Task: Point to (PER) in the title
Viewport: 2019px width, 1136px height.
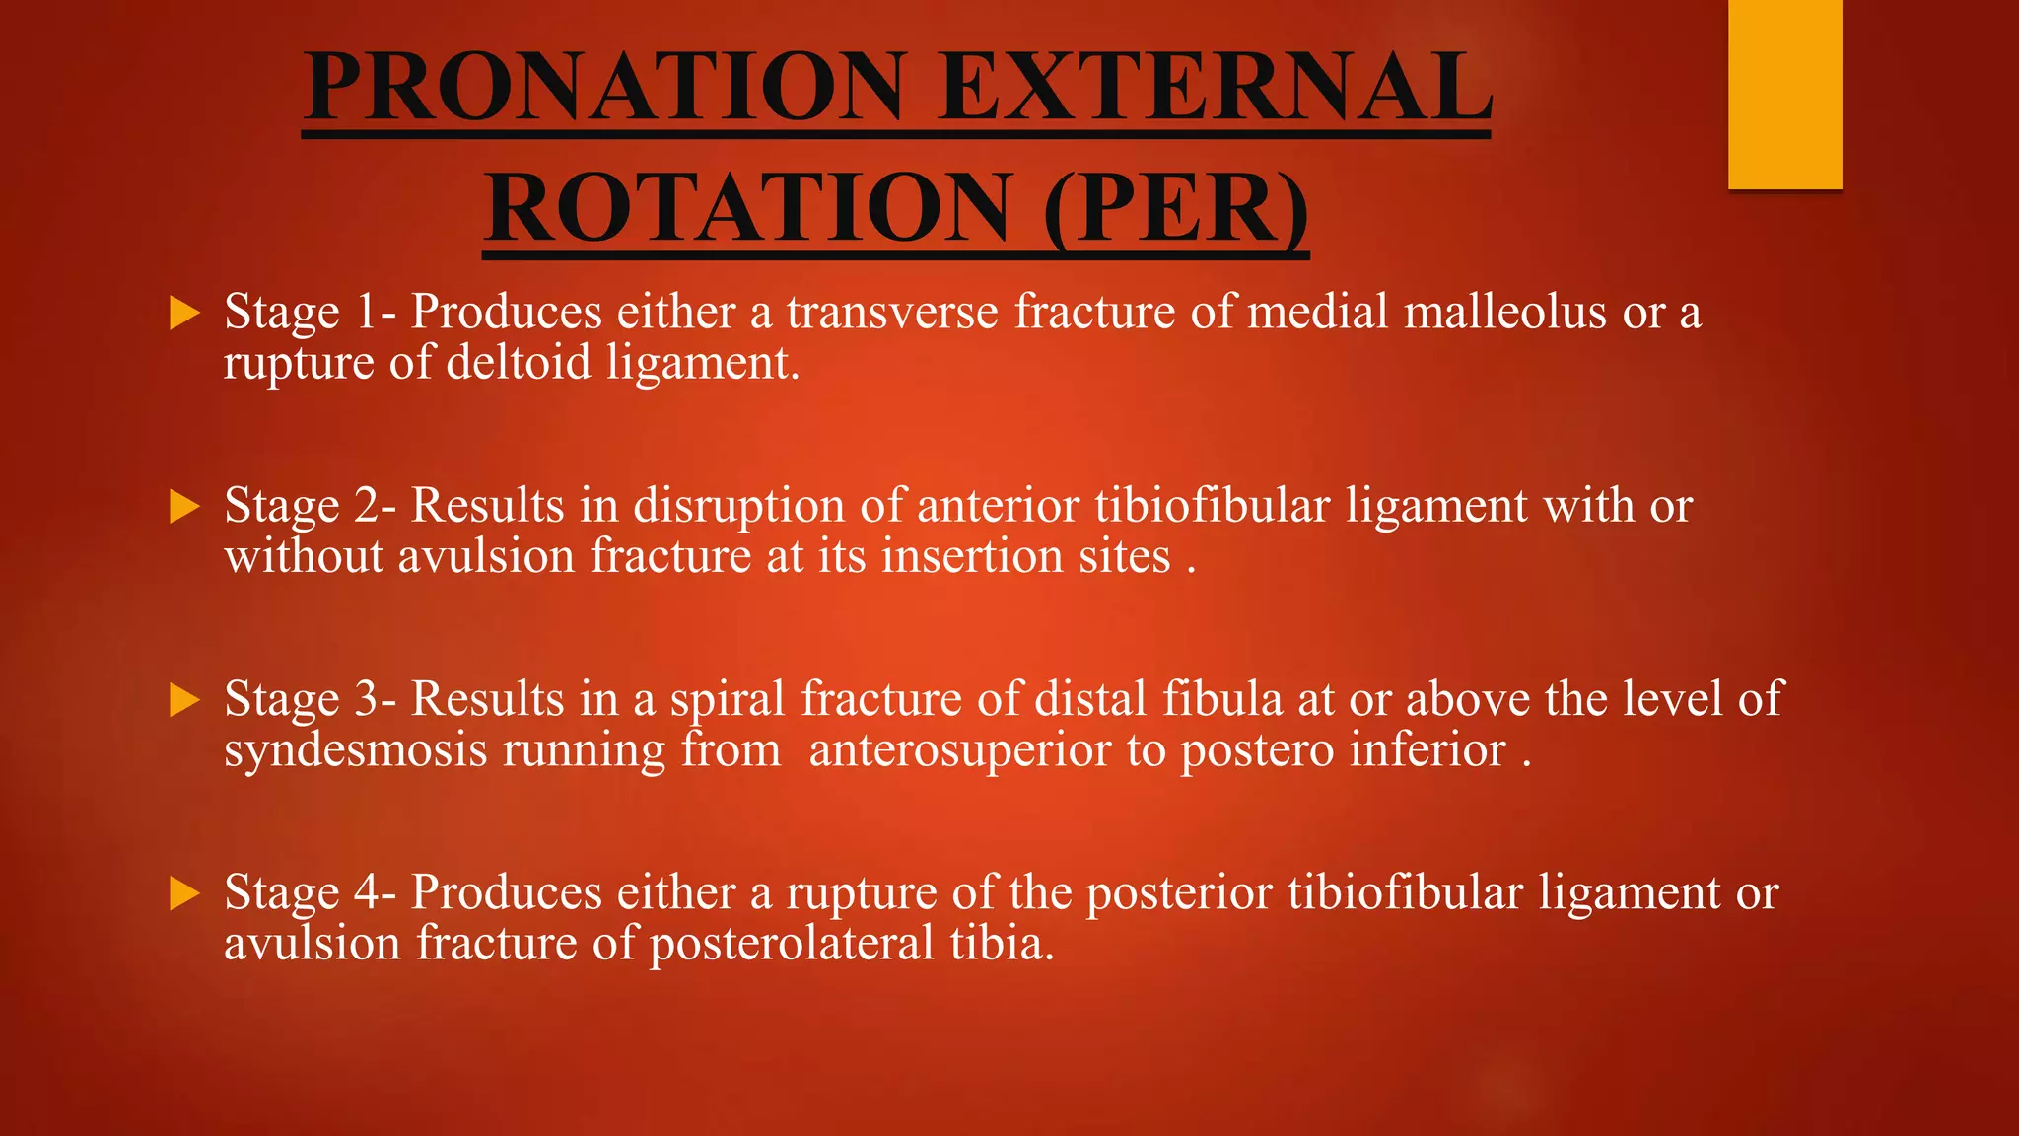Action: tap(1176, 208)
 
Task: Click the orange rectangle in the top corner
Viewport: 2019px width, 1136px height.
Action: tap(1784, 94)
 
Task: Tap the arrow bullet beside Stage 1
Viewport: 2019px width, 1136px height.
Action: tap(184, 314)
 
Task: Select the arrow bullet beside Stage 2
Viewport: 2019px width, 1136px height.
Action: tap(184, 507)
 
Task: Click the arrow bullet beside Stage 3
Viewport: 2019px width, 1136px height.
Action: tap(184, 701)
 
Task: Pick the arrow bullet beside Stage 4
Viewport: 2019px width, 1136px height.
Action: tap(184, 894)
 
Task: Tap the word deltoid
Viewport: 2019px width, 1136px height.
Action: tap(519, 363)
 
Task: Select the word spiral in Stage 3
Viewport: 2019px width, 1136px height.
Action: tap(728, 700)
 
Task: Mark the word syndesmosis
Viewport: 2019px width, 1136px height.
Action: tap(356, 751)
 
